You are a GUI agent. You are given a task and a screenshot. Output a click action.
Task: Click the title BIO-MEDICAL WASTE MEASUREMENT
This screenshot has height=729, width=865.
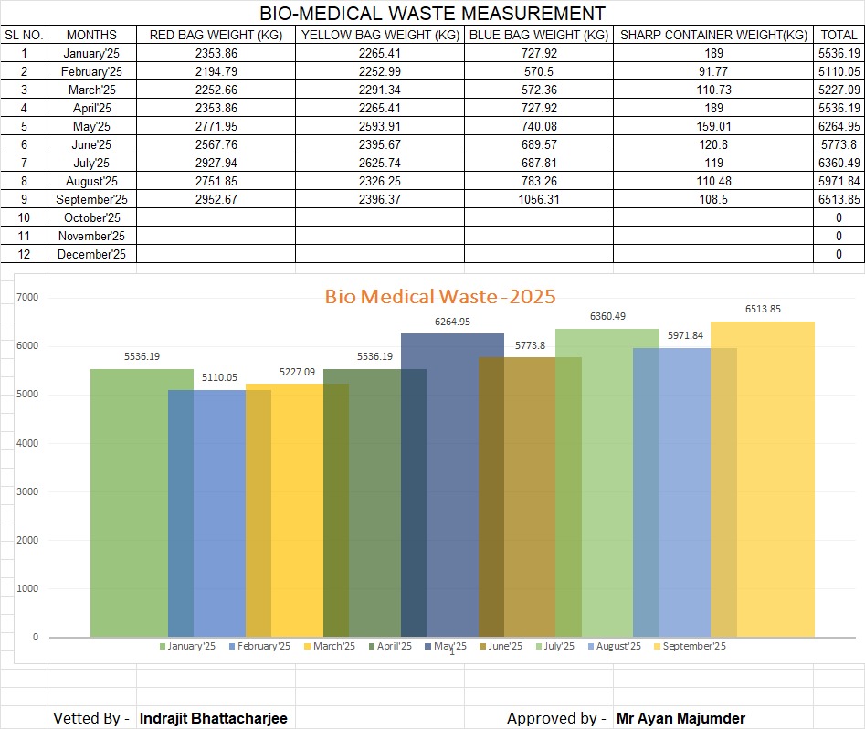(x=432, y=14)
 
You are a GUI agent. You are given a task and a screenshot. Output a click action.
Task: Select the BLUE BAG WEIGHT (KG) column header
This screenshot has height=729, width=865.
(x=538, y=36)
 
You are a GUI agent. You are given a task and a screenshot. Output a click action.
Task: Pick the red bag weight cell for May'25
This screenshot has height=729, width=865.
(x=216, y=127)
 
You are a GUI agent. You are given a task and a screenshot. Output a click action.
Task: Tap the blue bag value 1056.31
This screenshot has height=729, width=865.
(x=538, y=200)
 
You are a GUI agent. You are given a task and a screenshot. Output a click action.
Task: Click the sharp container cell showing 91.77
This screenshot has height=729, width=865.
(x=712, y=72)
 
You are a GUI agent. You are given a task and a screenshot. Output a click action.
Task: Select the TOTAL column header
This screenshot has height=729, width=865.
(x=839, y=36)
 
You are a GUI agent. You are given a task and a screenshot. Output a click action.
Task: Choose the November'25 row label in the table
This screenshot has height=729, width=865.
(x=91, y=237)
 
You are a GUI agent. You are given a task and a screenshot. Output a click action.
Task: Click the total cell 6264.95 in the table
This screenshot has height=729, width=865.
(x=839, y=127)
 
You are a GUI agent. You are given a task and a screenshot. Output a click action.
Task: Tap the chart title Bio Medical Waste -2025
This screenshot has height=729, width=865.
(x=440, y=297)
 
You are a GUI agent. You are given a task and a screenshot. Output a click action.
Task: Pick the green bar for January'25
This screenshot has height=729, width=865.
(x=129, y=502)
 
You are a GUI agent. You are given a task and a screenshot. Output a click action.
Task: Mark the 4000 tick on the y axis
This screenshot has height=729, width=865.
(x=28, y=443)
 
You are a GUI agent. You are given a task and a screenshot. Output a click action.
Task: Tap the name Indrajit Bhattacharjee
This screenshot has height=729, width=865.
(x=213, y=719)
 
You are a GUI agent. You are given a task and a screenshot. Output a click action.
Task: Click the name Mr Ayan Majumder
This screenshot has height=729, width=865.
(x=680, y=719)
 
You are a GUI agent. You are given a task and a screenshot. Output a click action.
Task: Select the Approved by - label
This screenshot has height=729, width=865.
(x=556, y=719)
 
